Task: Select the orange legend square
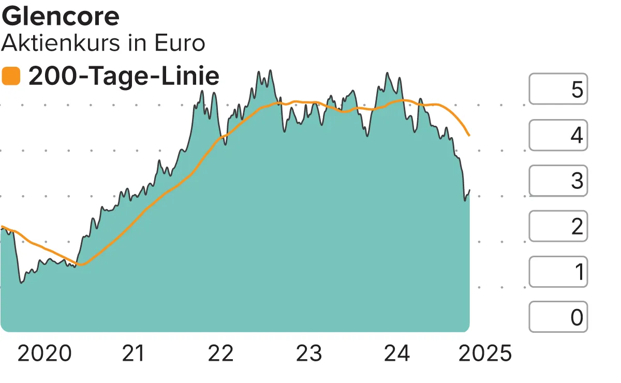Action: [x=11, y=76]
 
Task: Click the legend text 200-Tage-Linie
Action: [x=124, y=76]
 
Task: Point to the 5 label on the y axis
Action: [x=577, y=90]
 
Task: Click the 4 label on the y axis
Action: [x=577, y=135]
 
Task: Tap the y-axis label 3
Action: [x=577, y=181]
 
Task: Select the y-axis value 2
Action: [x=577, y=226]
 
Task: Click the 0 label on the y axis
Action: [x=577, y=317]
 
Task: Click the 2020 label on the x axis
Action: [x=45, y=353]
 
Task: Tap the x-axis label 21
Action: [x=134, y=353]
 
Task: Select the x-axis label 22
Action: [x=221, y=353]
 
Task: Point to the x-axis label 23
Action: [x=309, y=353]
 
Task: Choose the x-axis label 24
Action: [x=397, y=353]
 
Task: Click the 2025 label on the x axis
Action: [x=485, y=353]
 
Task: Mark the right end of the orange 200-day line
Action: [x=469, y=136]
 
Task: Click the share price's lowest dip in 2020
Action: [x=21, y=283]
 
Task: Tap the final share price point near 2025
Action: [x=469, y=190]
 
